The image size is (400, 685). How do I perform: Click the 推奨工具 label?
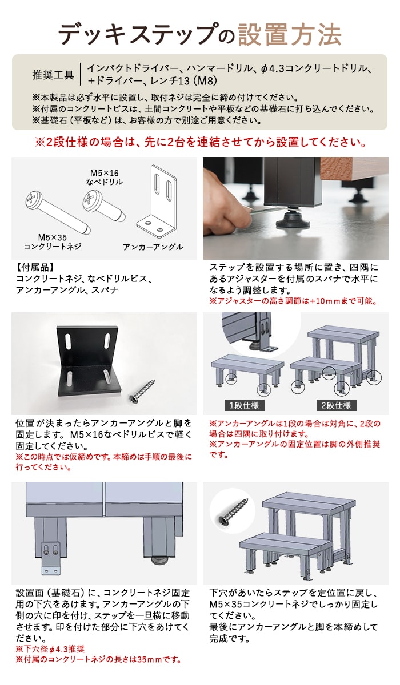pos(53,74)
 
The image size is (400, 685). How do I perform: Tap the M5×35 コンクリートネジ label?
pos(53,241)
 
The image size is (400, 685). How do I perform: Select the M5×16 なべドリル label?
pos(104,178)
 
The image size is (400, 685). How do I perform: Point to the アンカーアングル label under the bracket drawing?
pos(153,247)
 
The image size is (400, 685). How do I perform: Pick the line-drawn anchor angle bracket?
pos(157,202)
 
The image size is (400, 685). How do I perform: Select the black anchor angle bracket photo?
pos(89,361)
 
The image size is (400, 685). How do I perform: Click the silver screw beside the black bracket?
pos(142,391)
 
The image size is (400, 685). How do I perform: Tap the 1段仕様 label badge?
pos(244,405)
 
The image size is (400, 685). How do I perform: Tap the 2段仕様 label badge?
pos(336,405)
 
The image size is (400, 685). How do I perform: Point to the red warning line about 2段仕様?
pos(201,142)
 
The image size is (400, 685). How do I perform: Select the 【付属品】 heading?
pos(35,268)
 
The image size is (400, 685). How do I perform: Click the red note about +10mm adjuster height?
pos(293,301)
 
